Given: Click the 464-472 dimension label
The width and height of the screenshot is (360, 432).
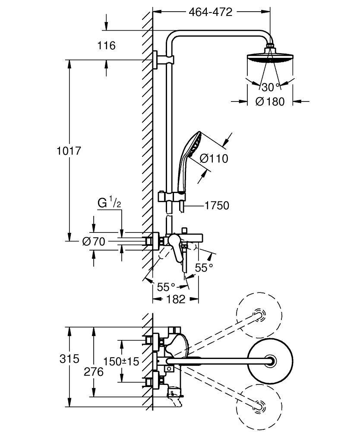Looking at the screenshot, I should tap(211, 12).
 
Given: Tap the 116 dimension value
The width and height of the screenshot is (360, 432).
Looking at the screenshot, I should tap(107, 45).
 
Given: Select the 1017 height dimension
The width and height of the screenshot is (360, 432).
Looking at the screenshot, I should tap(69, 151).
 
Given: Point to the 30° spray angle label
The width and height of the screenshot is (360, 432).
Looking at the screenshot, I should tap(270, 87).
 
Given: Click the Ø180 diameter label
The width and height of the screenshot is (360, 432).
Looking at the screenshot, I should tap(270, 102).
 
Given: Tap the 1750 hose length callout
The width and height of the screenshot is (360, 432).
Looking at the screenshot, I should tap(217, 206).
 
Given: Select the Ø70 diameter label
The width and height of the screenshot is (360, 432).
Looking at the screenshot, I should tap(93, 242).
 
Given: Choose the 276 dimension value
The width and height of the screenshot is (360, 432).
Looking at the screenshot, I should tap(93, 372).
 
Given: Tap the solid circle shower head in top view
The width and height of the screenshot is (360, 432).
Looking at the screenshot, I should tap(270, 360).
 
